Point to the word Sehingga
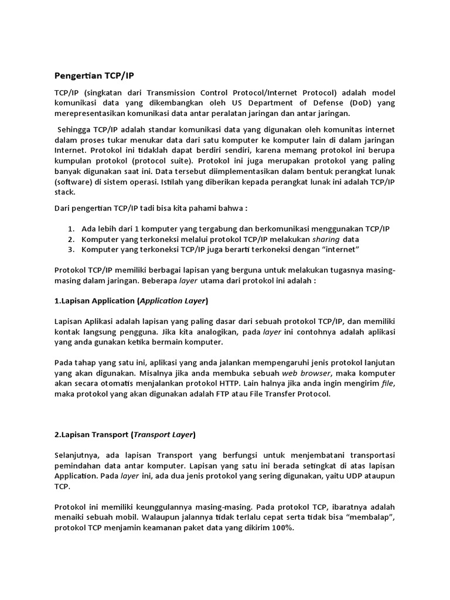coord(75,129)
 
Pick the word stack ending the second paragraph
coord(64,192)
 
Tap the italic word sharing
coord(325,239)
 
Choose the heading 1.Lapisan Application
coord(131,301)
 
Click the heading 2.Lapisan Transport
coord(125,435)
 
